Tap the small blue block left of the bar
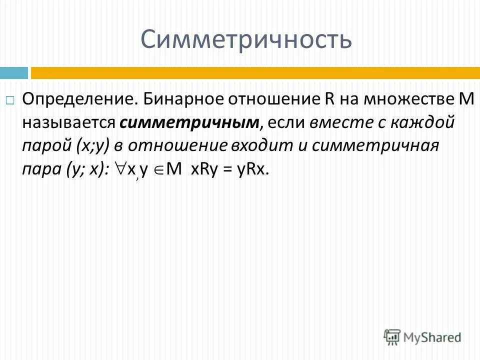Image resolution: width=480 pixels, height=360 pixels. tap(13, 73)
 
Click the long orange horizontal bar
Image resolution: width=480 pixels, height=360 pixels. tap(255, 73)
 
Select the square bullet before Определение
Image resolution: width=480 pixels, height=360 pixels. tap(10, 100)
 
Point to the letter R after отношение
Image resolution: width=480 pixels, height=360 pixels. tap(321, 99)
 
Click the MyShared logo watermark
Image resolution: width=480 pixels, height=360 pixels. tap(422, 336)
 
